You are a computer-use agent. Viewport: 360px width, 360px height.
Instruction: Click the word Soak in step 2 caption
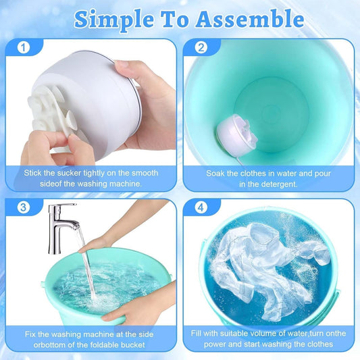click(x=217, y=173)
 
